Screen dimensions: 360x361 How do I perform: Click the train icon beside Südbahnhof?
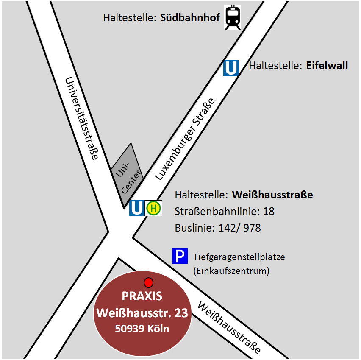pyautogui.click(x=232, y=17)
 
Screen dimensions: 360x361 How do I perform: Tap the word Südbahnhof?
pyautogui.click(x=190, y=19)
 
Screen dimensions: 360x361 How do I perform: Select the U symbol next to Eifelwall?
pyautogui.click(x=231, y=68)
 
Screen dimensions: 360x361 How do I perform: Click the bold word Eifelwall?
pyautogui.click(x=327, y=66)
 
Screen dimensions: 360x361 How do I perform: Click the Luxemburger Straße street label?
pyautogui.click(x=185, y=140)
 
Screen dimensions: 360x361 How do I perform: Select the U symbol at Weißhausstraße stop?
pyautogui.click(x=137, y=208)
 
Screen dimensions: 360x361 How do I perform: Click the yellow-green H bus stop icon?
pyautogui.click(x=154, y=208)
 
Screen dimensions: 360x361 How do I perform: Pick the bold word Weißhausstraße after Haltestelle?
pyautogui.click(x=272, y=195)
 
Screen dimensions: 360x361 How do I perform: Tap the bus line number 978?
pyautogui.click(x=252, y=228)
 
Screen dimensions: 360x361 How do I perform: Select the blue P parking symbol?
pyautogui.click(x=180, y=256)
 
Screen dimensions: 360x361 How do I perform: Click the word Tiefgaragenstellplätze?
pyautogui.click(x=239, y=257)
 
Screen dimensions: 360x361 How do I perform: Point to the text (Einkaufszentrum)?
pyautogui.click(x=231, y=271)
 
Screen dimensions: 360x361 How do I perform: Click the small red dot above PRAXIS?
pyautogui.click(x=148, y=282)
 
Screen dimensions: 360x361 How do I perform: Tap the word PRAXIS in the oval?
pyautogui.click(x=142, y=296)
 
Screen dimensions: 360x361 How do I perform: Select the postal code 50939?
pyautogui.click(x=128, y=329)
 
